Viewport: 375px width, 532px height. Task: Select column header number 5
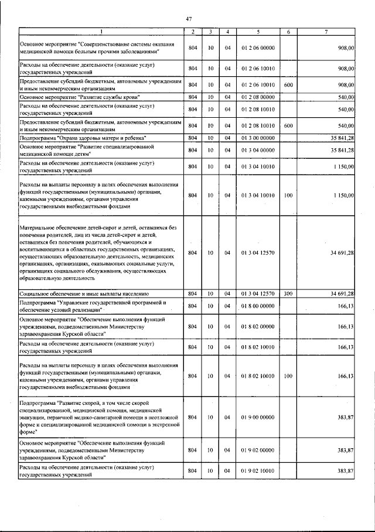[258, 31]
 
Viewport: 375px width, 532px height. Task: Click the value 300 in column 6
[288, 293]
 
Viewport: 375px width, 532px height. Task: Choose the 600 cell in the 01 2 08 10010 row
[288, 125]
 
